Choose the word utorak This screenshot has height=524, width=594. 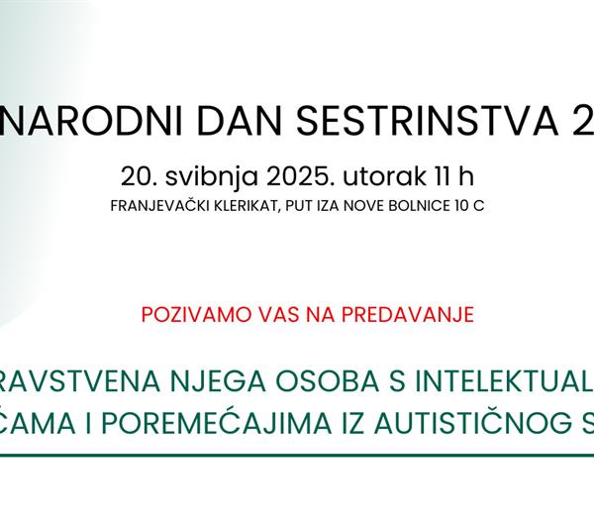(x=371, y=177)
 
